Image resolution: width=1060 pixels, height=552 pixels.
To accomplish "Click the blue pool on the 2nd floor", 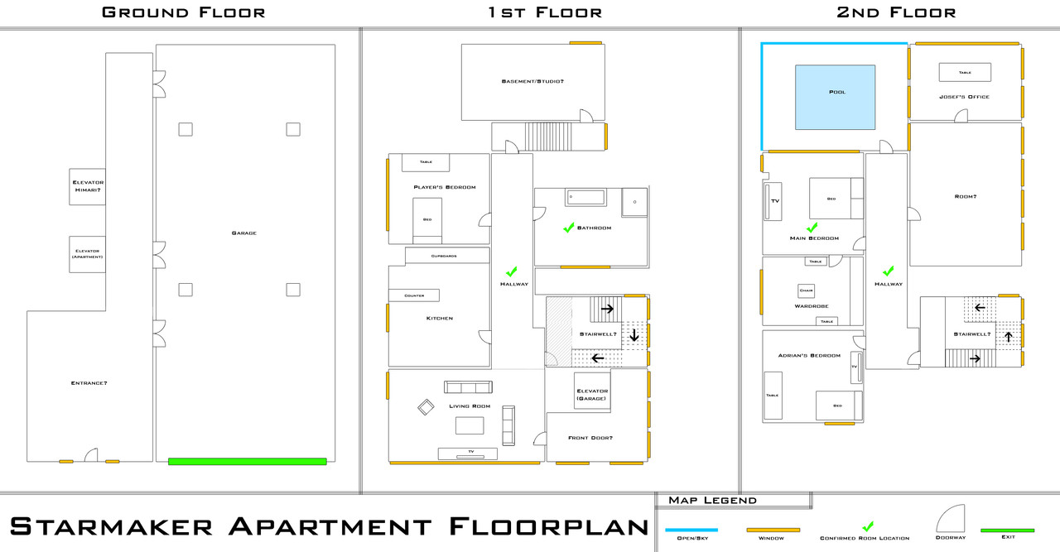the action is click(836, 98).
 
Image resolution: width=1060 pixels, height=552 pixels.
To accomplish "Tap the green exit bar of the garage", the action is click(248, 462).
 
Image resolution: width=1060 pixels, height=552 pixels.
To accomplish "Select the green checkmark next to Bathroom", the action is click(569, 228).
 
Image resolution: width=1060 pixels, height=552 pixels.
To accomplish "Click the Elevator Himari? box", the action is click(88, 187).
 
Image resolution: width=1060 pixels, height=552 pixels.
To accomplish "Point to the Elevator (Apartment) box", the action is click(88, 254).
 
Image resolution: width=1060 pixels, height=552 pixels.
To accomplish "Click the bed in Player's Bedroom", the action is click(427, 221).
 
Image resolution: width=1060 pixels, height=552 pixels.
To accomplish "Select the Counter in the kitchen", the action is click(414, 295).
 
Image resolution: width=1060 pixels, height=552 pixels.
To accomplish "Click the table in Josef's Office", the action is click(965, 72).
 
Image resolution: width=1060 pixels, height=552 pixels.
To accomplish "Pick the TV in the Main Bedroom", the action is click(773, 201).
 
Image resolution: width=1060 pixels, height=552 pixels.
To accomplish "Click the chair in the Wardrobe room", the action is click(807, 290).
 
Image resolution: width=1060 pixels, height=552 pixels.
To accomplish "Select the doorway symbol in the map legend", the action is click(952, 519).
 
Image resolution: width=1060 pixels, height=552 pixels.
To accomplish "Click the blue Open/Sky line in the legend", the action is click(691, 530).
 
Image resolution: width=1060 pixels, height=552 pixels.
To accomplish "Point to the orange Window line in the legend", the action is click(773, 530).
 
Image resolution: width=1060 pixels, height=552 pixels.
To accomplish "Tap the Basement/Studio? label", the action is click(532, 81).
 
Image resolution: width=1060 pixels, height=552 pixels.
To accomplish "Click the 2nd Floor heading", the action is click(896, 12).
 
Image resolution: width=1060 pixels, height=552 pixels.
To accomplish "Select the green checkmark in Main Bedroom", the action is click(812, 228).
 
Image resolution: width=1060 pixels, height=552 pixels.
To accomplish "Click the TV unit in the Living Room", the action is click(468, 454).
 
